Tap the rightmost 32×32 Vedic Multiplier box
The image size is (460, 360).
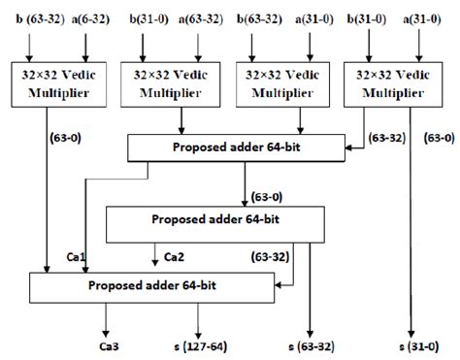[x=389, y=80]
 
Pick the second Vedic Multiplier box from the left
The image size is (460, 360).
[x=168, y=80]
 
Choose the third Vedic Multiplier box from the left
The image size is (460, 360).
[x=279, y=80]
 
